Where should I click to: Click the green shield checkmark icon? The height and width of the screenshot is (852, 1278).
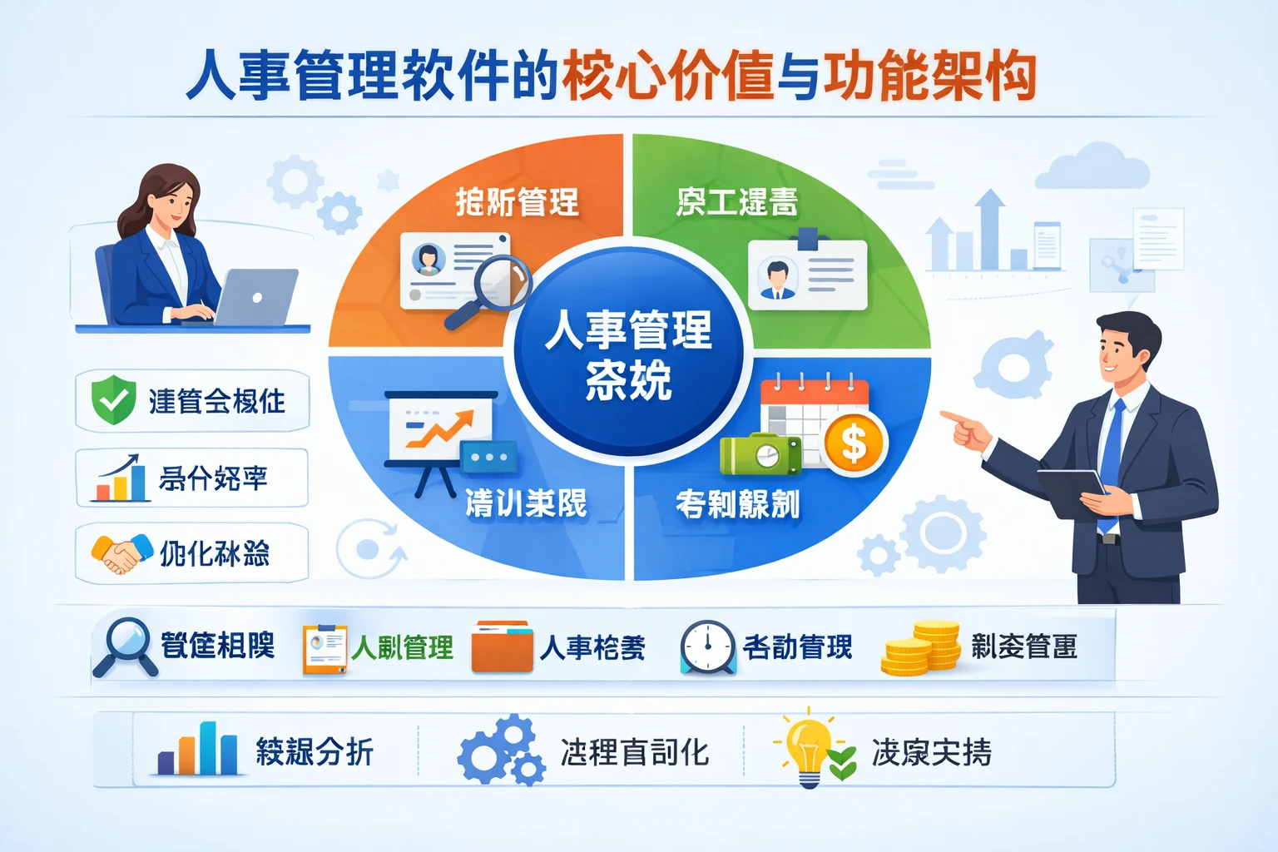click(x=113, y=399)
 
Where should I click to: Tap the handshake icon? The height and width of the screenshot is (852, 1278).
click(x=121, y=553)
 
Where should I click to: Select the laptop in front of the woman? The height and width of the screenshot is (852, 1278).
click(x=255, y=298)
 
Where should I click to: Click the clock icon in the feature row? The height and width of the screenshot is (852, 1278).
click(x=707, y=646)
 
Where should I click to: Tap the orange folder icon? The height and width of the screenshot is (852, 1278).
click(x=501, y=647)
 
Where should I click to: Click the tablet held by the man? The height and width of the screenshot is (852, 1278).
click(x=1072, y=491)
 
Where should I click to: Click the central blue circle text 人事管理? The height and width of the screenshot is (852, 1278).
click(x=628, y=329)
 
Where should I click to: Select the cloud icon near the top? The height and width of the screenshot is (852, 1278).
click(x=1092, y=166)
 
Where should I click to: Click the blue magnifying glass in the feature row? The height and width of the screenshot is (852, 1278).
click(x=125, y=645)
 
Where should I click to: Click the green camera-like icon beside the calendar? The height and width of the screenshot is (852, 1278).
click(x=760, y=454)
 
